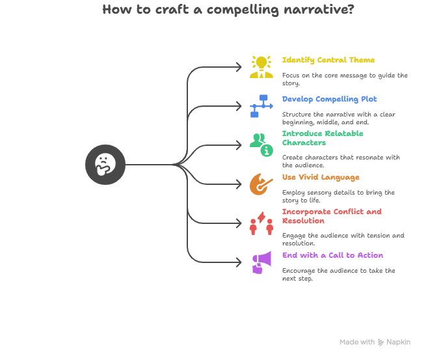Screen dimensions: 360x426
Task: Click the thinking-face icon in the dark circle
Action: click(105, 165)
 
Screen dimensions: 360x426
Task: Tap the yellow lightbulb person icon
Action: click(261, 67)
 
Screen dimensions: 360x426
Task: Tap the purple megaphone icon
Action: click(261, 262)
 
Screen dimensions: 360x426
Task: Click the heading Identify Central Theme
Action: click(328, 61)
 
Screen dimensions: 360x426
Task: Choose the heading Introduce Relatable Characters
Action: click(323, 138)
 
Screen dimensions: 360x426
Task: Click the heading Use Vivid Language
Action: click(321, 178)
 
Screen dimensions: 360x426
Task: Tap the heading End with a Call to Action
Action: click(332, 256)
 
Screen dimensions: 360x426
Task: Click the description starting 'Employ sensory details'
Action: click(338, 196)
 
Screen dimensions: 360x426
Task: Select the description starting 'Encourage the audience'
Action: click(338, 274)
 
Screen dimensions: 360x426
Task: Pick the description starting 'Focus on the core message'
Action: click(345, 79)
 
